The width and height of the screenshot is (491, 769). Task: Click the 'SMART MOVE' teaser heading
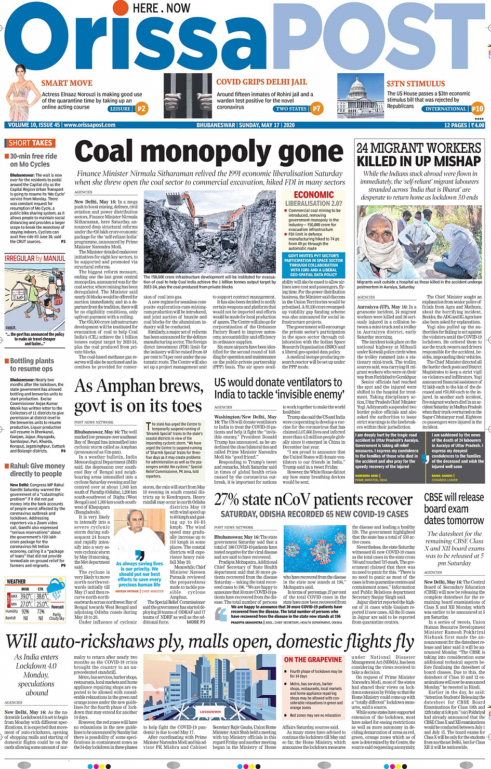click(67, 83)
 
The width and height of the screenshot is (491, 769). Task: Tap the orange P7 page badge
click(317, 109)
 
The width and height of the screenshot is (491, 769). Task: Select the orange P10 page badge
click(477, 109)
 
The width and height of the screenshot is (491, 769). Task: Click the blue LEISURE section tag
click(120, 109)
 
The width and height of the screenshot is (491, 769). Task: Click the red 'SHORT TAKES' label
click(30, 143)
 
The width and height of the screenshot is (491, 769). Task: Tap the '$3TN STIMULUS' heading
click(416, 84)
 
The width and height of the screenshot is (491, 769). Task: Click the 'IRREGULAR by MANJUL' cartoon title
click(35, 258)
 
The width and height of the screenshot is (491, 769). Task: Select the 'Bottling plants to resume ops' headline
click(32, 365)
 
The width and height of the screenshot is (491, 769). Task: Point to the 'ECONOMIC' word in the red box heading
click(313, 195)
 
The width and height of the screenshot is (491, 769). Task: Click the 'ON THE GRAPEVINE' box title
click(313, 659)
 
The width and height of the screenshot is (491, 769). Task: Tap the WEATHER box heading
click(16, 581)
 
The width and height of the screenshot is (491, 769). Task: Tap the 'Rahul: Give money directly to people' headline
click(37, 470)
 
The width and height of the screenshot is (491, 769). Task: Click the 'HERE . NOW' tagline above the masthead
click(161, 8)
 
